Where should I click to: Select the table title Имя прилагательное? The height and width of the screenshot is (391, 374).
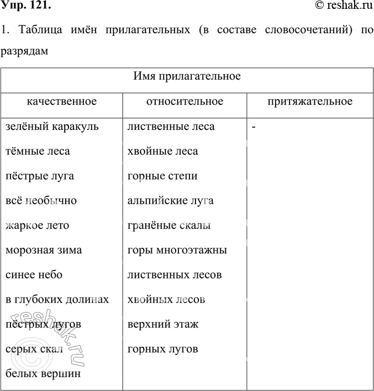coord(187,76)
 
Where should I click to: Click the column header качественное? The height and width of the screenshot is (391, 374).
coord(62,102)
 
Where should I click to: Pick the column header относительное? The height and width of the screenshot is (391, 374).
coord(185,102)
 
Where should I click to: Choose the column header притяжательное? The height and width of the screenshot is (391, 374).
coord(309,102)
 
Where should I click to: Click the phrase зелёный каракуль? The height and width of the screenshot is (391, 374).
coord(52,127)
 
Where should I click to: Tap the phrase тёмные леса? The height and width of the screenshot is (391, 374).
coord(38,151)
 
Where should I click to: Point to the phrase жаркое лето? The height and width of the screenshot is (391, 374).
coord(37,226)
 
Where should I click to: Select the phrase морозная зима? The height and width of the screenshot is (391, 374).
coord(44,250)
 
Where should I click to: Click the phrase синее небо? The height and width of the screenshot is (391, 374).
coord(34,275)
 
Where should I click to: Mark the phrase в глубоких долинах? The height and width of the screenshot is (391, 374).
coord(56,300)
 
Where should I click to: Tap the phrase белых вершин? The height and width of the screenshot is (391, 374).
coord(43,374)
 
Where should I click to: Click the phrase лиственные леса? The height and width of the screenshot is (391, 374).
coord(171,127)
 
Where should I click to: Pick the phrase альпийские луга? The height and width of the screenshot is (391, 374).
coord(170,201)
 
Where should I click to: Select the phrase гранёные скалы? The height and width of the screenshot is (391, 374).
coord(168,226)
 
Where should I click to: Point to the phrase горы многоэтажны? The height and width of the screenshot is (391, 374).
coord(177,250)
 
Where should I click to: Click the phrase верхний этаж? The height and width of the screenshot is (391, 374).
coord(162,325)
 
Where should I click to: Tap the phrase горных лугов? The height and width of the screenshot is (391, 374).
coord(162,349)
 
